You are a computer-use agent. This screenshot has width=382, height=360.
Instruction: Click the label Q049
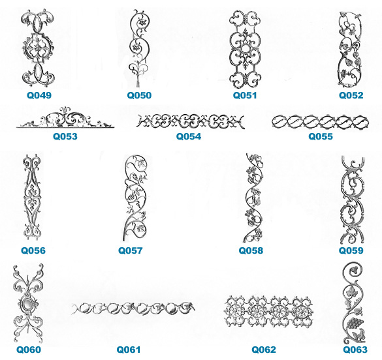point(39,95)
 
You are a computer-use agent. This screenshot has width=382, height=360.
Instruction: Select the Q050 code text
point(139,95)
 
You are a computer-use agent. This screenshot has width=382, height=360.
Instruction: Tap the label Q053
point(65,136)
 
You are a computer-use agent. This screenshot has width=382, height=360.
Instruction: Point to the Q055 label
point(321,136)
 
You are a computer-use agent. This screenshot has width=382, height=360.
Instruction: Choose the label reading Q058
point(251,250)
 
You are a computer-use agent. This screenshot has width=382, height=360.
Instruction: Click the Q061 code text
point(129,350)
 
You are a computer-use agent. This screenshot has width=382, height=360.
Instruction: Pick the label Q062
point(264,350)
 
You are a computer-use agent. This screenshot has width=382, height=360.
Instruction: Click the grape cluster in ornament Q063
point(355,323)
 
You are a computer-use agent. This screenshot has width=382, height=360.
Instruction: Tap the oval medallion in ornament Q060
point(27,304)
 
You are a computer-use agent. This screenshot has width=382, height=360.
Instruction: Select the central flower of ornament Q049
point(37,48)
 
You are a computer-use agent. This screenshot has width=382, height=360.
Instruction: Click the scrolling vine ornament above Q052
point(350,50)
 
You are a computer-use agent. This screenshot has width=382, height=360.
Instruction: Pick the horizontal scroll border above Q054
point(190,121)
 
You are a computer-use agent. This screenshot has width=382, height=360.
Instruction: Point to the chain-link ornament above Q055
point(321,121)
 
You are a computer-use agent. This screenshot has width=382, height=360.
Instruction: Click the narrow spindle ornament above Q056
point(32,197)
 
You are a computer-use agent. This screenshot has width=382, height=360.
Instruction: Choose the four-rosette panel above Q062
point(268,312)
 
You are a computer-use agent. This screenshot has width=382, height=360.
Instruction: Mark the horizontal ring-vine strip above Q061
point(133,308)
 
